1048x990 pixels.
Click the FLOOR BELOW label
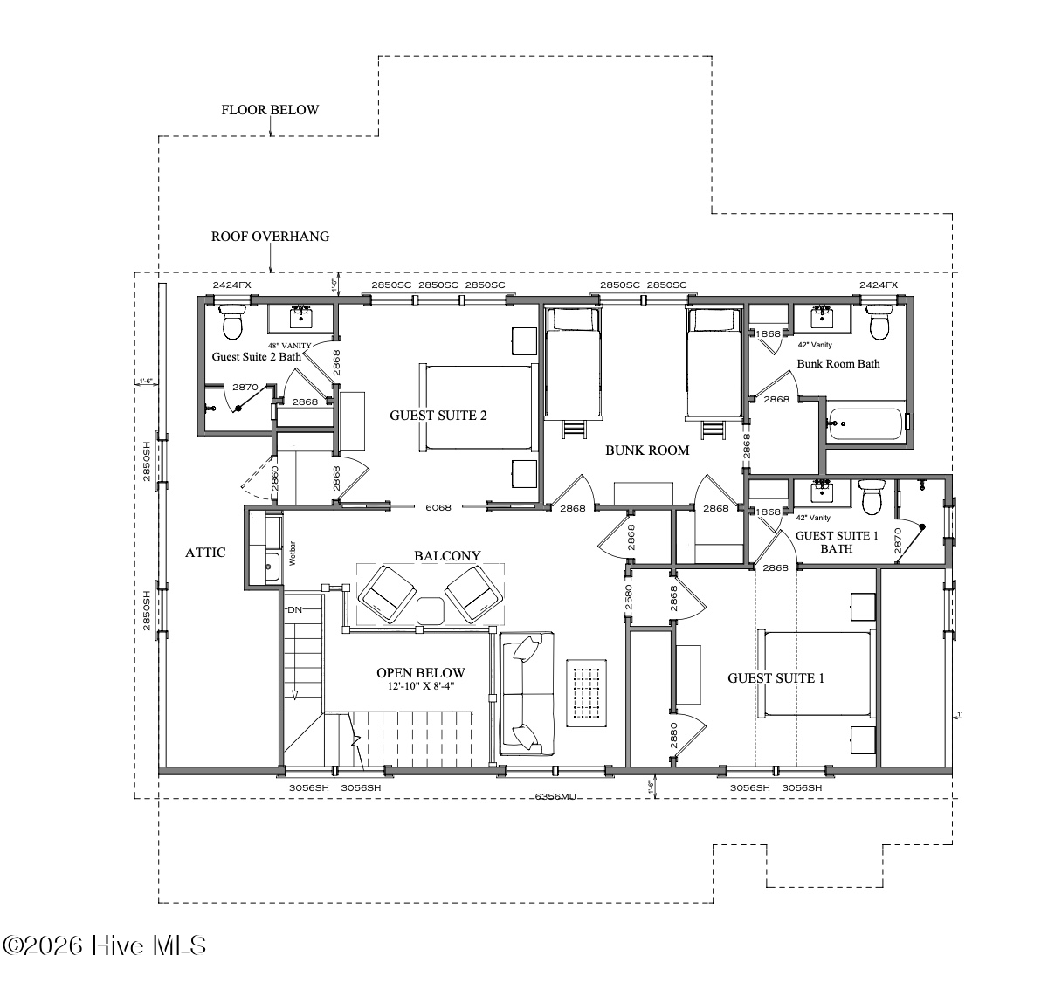point(270,110)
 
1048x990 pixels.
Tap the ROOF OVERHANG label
point(270,237)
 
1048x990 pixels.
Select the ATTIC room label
point(205,553)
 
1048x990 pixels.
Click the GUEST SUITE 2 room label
point(438,416)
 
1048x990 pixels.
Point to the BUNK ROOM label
point(647,450)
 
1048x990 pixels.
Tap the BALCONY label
point(447,555)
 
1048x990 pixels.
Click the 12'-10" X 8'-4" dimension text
point(420,687)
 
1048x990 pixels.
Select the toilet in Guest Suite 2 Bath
point(231,324)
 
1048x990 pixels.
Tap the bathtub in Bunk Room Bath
point(865,425)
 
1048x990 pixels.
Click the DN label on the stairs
point(294,609)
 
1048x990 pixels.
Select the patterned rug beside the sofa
point(587,692)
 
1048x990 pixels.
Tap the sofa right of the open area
point(527,693)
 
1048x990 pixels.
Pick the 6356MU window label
point(555,797)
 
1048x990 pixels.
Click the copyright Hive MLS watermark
point(105,945)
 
